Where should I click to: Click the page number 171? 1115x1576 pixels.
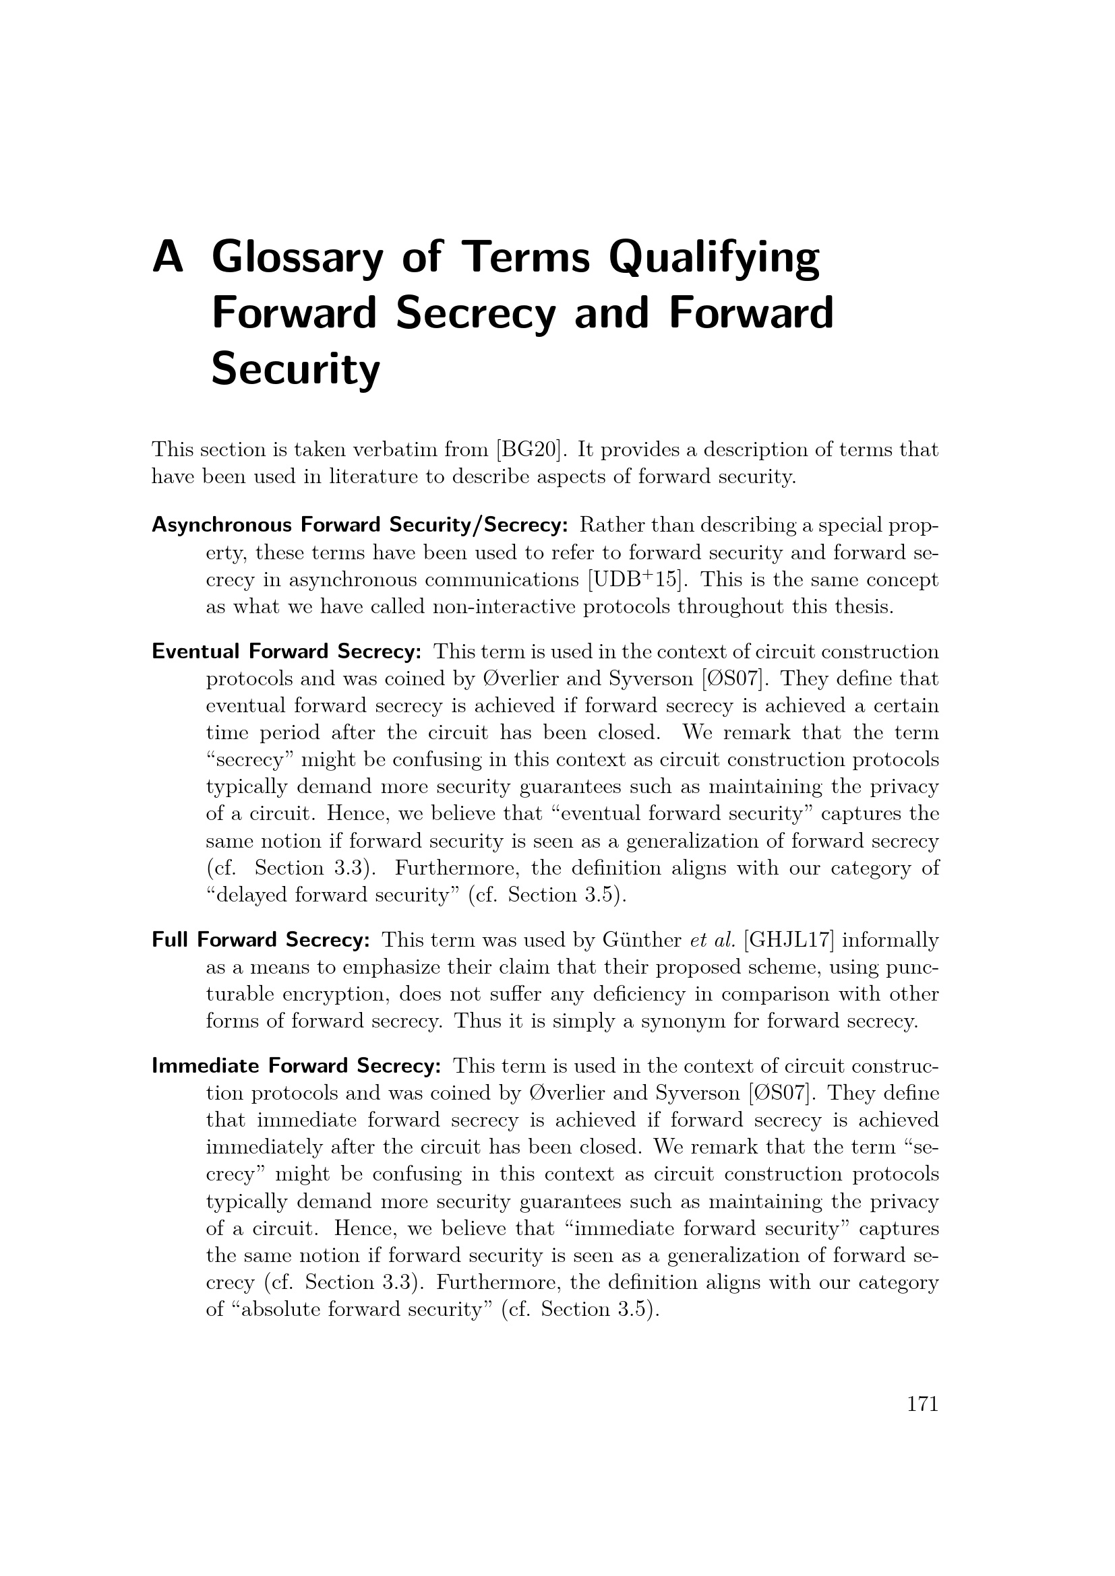point(922,1404)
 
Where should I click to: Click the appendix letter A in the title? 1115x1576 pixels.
point(169,257)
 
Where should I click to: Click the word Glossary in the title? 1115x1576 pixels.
point(295,258)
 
